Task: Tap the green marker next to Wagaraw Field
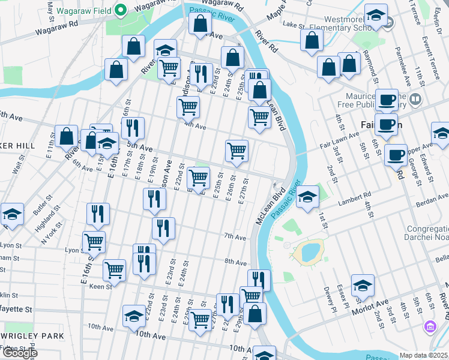point(120,10)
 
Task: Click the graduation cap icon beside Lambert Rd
point(307,197)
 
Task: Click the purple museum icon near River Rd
point(430,327)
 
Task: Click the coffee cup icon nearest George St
point(396,155)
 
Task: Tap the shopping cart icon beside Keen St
point(114,269)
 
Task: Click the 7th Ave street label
point(235,238)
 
